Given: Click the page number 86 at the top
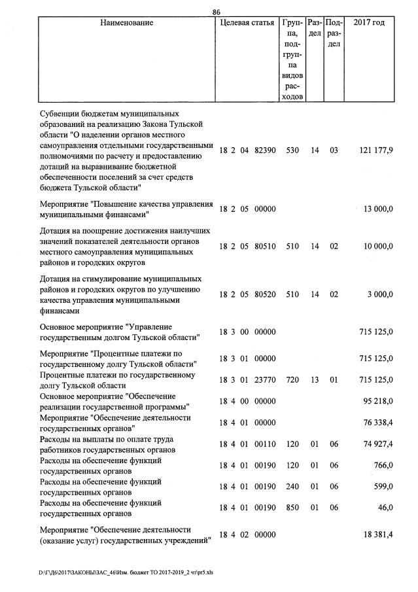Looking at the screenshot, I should coord(217,12).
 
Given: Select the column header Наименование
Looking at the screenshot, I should coord(127,23).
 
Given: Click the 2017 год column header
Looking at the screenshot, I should coord(369,23).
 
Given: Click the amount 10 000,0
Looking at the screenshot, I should coord(377,247).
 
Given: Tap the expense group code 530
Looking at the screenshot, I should coord(292,150).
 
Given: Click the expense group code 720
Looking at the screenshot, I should coord(292,380).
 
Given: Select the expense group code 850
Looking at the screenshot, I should coord(292,508).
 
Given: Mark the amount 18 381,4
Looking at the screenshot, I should coord(377,535).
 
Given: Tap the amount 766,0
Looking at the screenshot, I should coord(382,465).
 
